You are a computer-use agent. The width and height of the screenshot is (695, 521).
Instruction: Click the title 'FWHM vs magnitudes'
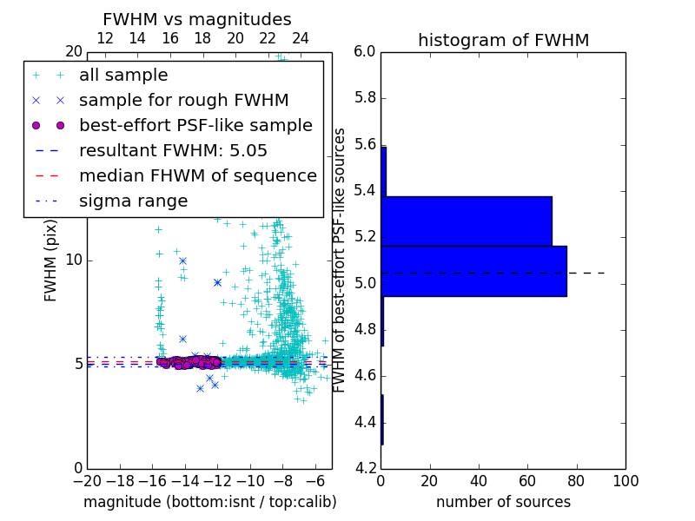click(197, 19)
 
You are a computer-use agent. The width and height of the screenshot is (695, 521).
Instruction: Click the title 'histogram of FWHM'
click(503, 40)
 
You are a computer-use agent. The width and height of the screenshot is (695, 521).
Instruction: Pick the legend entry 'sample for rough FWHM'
click(183, 101)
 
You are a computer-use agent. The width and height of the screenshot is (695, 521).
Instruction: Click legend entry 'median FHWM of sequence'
click(197, 176)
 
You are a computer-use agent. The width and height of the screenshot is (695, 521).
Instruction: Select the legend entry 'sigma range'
click(133, 201)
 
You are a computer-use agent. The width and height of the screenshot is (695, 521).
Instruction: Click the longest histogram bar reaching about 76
click(473, 271)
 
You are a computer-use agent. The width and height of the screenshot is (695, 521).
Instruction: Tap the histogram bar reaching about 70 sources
click(467, 221)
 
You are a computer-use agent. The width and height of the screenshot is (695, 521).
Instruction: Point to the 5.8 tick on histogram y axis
click(364, 98)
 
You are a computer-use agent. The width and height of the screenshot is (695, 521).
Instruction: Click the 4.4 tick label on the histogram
click(364, 423)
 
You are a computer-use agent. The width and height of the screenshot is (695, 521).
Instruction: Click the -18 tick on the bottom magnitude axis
click(120, 480)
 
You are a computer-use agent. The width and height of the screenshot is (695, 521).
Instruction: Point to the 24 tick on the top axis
click(301, 38)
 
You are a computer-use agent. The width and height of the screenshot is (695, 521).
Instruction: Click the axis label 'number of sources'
click(503, 502)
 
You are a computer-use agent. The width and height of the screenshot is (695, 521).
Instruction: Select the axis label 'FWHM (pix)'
click(51, 260)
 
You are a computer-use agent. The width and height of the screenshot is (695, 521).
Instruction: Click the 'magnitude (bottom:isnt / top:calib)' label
click(209, 502)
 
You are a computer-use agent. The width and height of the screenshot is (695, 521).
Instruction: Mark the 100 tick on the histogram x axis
click(625, 480)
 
